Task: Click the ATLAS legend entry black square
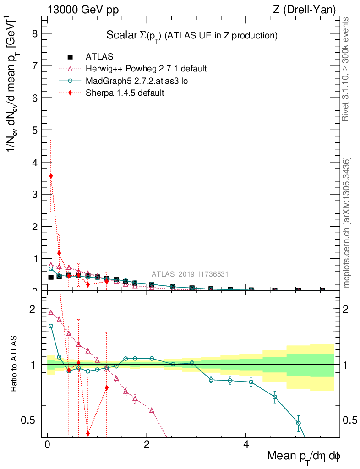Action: (x=70, y=57)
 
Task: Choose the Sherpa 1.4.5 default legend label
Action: (x=125, y=93)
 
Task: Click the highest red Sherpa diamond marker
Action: (x=51, y=176)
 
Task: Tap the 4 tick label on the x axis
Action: (x=245, y=445)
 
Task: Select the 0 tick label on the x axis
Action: (x=47, y=445)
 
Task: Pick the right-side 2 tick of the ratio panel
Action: (x=349, y=309)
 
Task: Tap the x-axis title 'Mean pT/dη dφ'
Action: (x=304, y=456)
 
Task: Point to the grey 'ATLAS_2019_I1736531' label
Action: (x=190, y=274)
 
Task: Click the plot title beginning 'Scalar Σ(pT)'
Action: (x=192, y=35)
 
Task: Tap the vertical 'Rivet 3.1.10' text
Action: (x=346, y=69)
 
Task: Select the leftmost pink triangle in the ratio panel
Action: (x=51, y=312)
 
